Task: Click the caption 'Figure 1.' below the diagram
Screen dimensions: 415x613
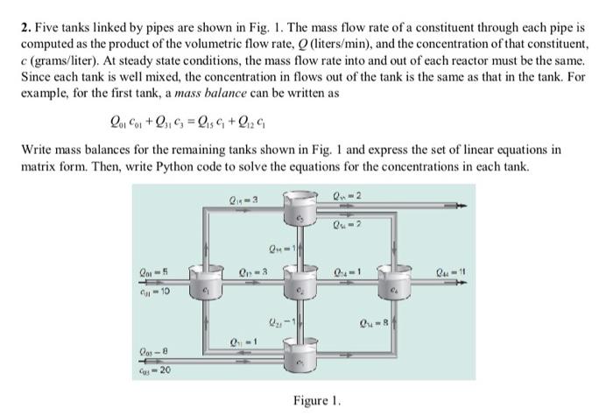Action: (316, 400)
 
